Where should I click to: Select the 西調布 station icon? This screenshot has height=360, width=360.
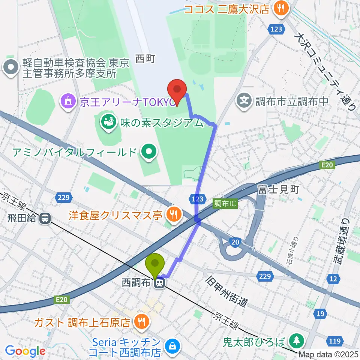click(x=160, y=283)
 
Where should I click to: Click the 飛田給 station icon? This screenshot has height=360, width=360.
click(x=45, y=218)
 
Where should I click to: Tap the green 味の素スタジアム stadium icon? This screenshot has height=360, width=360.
click(x=107, y=121)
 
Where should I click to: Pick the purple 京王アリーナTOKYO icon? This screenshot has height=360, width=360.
click(x=68, y=101)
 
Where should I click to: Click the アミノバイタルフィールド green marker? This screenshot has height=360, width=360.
click(x=149, y=152)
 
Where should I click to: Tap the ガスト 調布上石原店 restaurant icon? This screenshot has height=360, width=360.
click(x=141, y=322)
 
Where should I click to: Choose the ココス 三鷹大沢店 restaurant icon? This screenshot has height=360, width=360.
click(x=280, y=9)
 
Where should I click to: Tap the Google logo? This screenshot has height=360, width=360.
click(x=25, y=351)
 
